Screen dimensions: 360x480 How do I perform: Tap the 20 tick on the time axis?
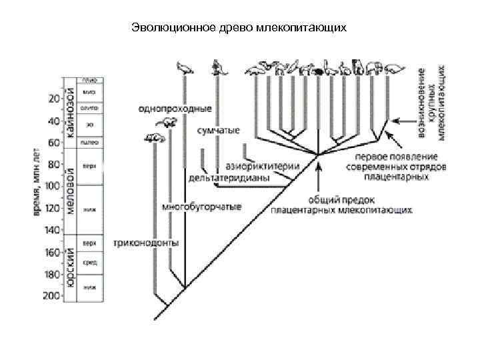point(53,99)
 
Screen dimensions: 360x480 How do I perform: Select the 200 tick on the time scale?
point(51,295)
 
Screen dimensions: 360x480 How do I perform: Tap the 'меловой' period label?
point(69,191)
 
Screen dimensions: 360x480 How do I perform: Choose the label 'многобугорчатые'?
point(202,205)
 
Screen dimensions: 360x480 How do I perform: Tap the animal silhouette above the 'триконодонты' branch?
point(154,138)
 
